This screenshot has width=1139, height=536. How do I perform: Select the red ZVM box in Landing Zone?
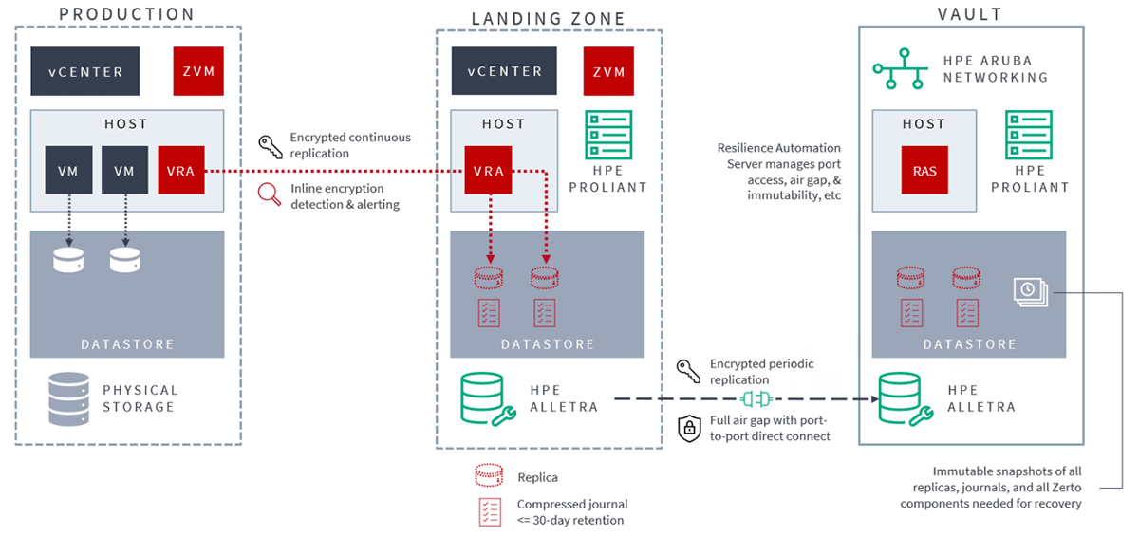[x=608, y=72]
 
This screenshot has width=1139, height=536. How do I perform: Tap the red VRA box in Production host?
[x=181, y=171]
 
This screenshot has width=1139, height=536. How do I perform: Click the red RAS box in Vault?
[x=924, y=171]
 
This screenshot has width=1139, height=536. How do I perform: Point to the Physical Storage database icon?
[x=67, y=398]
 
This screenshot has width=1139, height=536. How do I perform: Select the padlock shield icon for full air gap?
[x=688, y=428]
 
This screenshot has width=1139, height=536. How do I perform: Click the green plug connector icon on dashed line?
[x=757, y=398]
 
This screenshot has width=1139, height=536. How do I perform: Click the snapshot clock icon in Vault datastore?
[x=1029, y=290]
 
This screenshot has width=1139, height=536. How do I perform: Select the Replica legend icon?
[x=490, y=477]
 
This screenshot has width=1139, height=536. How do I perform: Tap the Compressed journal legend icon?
[x=490, y=511]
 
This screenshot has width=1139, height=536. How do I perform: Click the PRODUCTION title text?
[x=126, y=14]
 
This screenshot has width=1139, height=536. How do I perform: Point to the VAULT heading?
[x=970, y=14]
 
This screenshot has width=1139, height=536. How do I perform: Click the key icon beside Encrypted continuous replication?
[x=271, y=145]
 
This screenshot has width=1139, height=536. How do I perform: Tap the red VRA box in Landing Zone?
[x=489, y=171]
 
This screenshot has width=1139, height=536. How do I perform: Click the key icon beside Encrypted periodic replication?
[x=688, y=371]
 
